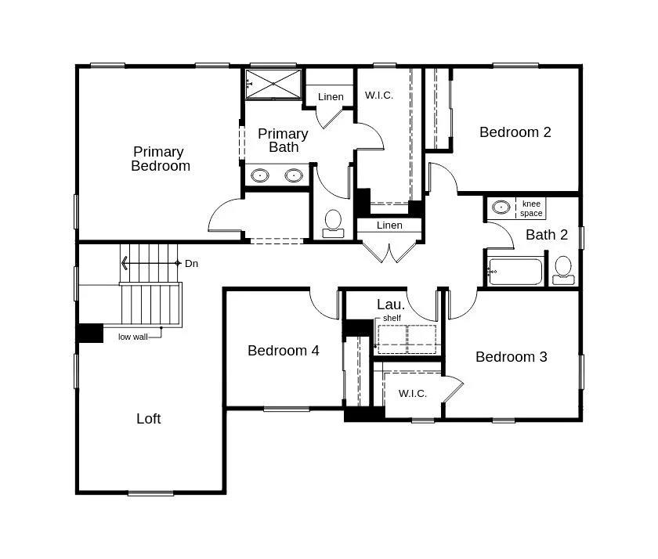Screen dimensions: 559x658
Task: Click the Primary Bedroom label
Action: [x=159, y=158]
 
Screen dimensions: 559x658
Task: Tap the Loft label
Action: [x=149, y=419]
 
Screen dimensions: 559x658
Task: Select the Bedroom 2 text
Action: [x=515, y=132]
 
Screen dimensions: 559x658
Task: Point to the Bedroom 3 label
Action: [x=511, y=357]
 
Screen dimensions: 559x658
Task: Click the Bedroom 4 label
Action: [x=283, y=351]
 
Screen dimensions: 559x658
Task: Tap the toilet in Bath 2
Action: [x=562, y=269]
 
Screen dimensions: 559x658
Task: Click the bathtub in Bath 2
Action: [x=515, y=272]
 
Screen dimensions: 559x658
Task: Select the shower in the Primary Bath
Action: [x=273, y=84]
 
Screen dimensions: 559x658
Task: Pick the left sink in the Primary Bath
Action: [x=260, y=175]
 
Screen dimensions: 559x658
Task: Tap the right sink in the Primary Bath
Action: [x=294, y=175]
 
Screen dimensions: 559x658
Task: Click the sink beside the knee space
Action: [x=501, y=207]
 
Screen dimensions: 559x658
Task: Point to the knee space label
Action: [x=531, y=208]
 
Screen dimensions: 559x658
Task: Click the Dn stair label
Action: [x=191, y=264]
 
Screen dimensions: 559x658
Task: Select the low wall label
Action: [x=132, y=337]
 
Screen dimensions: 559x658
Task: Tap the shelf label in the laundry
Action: [x=392, y=319]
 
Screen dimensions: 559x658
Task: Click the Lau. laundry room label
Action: [x=391, y=304]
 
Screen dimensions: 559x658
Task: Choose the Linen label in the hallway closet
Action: [x=389, y=225]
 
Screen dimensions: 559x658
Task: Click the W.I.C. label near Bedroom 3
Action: [x=413, y=393]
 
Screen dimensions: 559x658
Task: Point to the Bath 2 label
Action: [x=547, y=235]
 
